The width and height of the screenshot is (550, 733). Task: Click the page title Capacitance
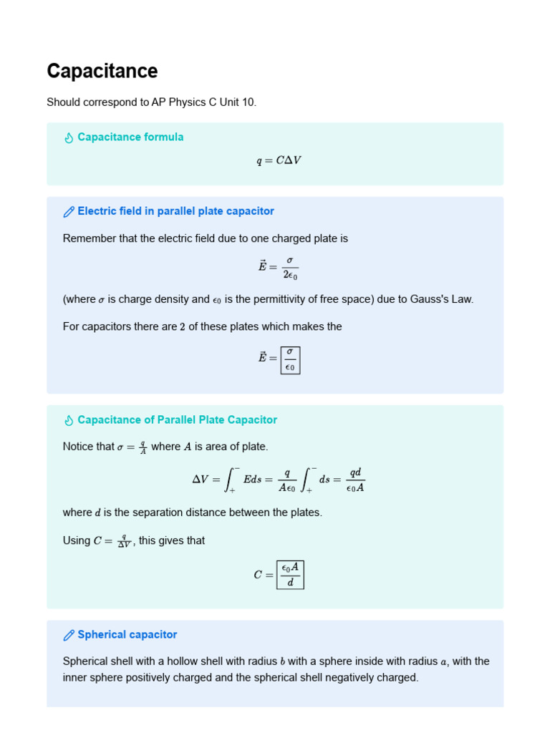pos(102,72)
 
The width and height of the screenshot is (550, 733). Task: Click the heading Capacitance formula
pos(130,137)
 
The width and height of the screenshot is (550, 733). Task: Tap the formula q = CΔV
pos(279,160)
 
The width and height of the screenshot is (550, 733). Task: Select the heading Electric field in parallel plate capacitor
pos(175,211)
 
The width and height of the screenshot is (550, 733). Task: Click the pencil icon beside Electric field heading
pos(69,212)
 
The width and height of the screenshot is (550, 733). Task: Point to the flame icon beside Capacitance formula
pos(69,137)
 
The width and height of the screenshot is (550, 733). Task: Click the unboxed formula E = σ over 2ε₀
pos(278,266)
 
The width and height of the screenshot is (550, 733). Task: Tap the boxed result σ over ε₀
pos(290,360)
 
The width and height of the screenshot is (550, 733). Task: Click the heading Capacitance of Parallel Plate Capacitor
pos(177,419)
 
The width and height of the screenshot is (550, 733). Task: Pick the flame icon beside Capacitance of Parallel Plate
pos(69,420)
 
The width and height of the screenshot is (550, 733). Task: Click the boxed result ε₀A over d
pos(290,574)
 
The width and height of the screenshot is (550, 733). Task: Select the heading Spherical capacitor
pos(127,634)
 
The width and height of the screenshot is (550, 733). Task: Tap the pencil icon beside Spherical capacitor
pos(69,635)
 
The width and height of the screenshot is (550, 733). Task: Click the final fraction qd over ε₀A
pos(354,480)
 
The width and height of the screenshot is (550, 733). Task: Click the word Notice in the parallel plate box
pos(79,447)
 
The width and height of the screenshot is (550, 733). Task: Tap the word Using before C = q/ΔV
pos(77,540)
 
